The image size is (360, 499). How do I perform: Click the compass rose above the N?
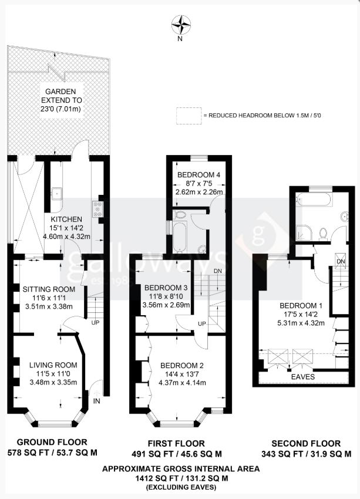pos(181,25)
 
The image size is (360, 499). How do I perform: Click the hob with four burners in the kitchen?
pos(97,209)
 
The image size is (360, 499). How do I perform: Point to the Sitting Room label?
pos(49,289)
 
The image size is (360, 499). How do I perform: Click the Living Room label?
pos(53,365)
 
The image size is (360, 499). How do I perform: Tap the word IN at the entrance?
pos(96,401)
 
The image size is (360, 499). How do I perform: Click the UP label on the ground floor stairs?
pos(95,322)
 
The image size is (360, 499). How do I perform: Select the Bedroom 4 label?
pos(199,174)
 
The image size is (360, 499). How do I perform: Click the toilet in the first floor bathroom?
pos(180,215)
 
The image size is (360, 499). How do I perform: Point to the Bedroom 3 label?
pos(166,288)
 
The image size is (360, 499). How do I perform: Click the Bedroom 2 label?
pos(181,365)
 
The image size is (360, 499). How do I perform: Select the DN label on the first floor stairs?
pos(218,271)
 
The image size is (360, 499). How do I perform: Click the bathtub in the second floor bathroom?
pos(314,200)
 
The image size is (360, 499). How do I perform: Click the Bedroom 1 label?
pos(301,305)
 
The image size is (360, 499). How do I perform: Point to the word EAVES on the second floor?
pos(303,377)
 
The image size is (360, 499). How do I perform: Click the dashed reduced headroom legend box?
pos(189,116)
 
